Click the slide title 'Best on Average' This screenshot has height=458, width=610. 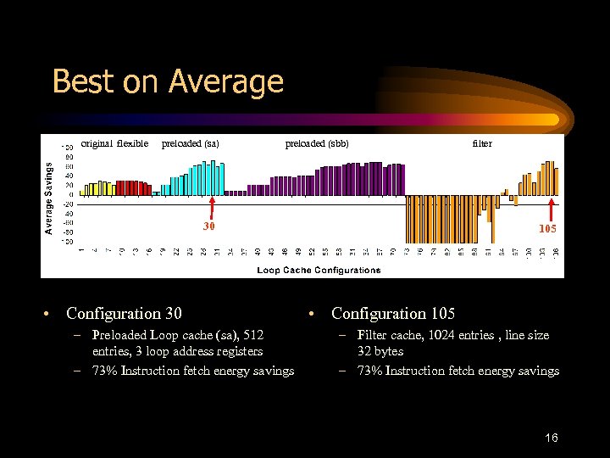click(168, 81)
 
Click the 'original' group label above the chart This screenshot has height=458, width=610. click(97, 143)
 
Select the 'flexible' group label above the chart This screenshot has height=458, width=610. click(132, 143)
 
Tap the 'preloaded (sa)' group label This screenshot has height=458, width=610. click(190, 143)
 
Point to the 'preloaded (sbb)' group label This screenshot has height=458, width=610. click(317, 143)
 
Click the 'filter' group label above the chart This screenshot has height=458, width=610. click(481, 143)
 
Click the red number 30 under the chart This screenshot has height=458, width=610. click(209, 226)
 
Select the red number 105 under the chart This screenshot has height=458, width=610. click(549, 229)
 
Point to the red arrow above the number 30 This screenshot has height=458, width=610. click(212, 208)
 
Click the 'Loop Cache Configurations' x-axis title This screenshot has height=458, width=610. click(319, 271)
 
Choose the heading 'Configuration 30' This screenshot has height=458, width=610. click(124, 314)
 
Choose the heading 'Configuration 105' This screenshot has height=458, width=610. click(393, 314)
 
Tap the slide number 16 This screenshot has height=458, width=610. click(551, 438)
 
